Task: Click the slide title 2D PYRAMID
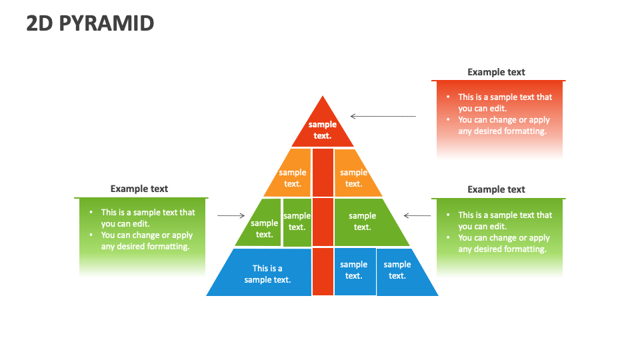[x=90, y=23]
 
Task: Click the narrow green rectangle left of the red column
[x=297, y=221]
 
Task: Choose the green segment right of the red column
[x=364, y=221]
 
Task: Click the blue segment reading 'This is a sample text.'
[x=267, y=273]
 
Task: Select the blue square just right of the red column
[x=354, y=271]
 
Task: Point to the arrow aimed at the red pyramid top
[x=383, y=116]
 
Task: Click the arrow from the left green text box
[x=231, y=215]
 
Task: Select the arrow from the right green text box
[x=417, y=215]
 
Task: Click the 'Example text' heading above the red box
[x=496, y=72]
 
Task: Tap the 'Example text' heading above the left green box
[x=139, y=189]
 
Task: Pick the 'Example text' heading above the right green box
[x=496, y=189]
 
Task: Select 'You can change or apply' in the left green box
[x=147, y=235]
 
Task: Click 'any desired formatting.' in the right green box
[x=502, y=249]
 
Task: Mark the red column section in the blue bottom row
[x=323, y=271]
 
